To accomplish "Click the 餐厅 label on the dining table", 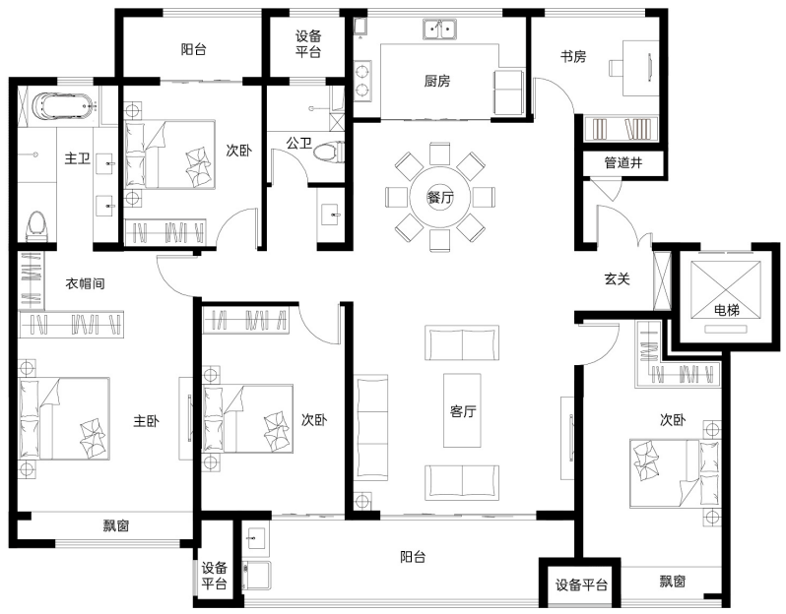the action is pos(440,198).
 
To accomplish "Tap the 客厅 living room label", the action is pos(463,411).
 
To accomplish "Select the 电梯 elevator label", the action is pos(727,311).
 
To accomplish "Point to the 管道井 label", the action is pos(623,162).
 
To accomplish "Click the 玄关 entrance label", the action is pos(617,278).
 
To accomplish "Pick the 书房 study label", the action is pos(573,56).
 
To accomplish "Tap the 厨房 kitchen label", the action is pos(437,81).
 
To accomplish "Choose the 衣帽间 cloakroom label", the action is pos(86,283).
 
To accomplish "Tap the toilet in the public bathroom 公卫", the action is pos(329,152).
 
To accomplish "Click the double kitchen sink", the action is pos(439,30).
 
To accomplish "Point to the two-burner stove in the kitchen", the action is pos(362,81).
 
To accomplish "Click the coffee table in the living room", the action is pos(462,410).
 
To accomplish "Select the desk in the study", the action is pos(640,68).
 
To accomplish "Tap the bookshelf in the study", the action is pos(622,129).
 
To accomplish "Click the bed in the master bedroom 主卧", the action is pos(64,419).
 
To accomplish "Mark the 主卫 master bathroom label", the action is pos(77,158).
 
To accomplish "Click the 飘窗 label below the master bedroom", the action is pos(116,525).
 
